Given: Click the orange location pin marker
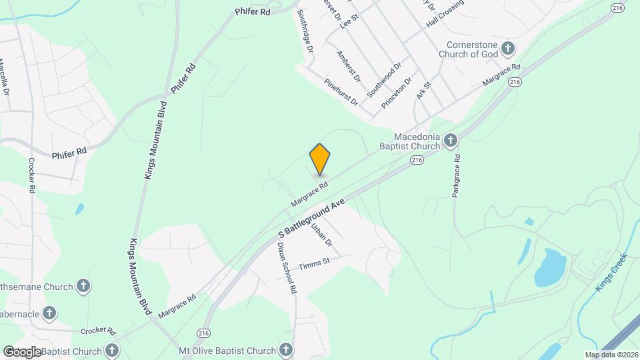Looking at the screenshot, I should pyautogui.click(x=320, y=159).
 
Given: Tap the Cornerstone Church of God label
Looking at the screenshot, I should pyautogui.click(x=472, y=49).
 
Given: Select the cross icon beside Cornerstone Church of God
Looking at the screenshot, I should pyautogui.click(x=508, y=48).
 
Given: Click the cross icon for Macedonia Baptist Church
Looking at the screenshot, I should pyautogui.click(x=451, y=140).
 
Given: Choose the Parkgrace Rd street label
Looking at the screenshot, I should pyautogui.click(x=457, y=175).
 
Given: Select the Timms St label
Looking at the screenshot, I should pyautogui.click(x=315, y=263).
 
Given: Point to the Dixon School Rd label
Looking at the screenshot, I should pyautogui.click(x=287, y=268).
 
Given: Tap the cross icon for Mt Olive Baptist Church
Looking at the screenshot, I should pyautogui.click(x=286, y=350).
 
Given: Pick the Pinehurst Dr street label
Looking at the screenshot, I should pyautogui.click(x=341, y=92).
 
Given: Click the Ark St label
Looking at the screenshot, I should pyautogui.click(x=424, y=91).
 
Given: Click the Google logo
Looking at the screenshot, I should pyautogui.click(x=22, y=351).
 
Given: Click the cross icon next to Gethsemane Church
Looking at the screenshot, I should pyautogui.click(x=83, y=287).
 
